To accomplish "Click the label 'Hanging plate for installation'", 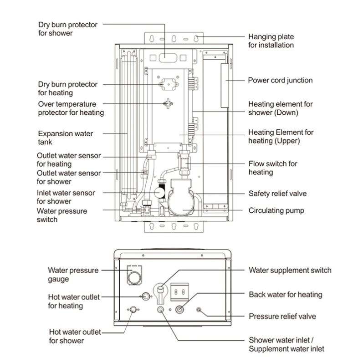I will [271, 41].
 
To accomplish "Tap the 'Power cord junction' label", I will [280, 80].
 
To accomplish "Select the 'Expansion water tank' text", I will [65, 138].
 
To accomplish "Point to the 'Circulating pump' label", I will [276, 210].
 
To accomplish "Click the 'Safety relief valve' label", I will [277, 194].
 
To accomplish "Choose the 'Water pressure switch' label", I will [61, 215].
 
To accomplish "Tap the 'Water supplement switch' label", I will [290, 270].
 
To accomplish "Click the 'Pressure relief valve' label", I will [282, 316].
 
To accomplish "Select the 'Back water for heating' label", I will [285, 295].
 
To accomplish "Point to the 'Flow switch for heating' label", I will [272, 168].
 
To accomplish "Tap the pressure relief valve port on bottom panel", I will [199, 310].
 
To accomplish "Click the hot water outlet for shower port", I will [133, 310].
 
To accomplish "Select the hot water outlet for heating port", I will [145, 296].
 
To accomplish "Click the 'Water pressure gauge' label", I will [73, 275].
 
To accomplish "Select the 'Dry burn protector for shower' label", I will [68, 28].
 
